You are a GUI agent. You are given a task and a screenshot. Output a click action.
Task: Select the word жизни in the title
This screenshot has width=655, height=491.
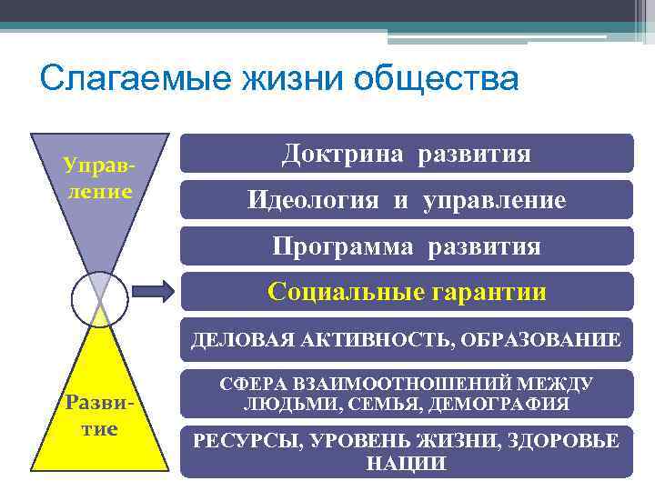point(292,78)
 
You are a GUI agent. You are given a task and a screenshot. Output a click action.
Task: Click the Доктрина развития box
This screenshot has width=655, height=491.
point(406,154)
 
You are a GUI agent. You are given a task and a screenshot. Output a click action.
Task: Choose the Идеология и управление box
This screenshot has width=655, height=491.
point(406,200)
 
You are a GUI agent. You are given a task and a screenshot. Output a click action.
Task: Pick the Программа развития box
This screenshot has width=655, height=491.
point(406,246)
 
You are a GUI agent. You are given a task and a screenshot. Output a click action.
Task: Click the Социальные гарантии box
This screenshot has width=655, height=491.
point(406,292)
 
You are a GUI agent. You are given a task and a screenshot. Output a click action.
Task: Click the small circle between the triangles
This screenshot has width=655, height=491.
point(99,299)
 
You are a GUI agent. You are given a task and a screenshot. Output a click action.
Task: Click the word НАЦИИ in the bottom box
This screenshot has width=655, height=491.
point(406,463)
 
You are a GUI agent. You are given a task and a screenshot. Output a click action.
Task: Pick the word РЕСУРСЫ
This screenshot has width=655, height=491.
point(244,441)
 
